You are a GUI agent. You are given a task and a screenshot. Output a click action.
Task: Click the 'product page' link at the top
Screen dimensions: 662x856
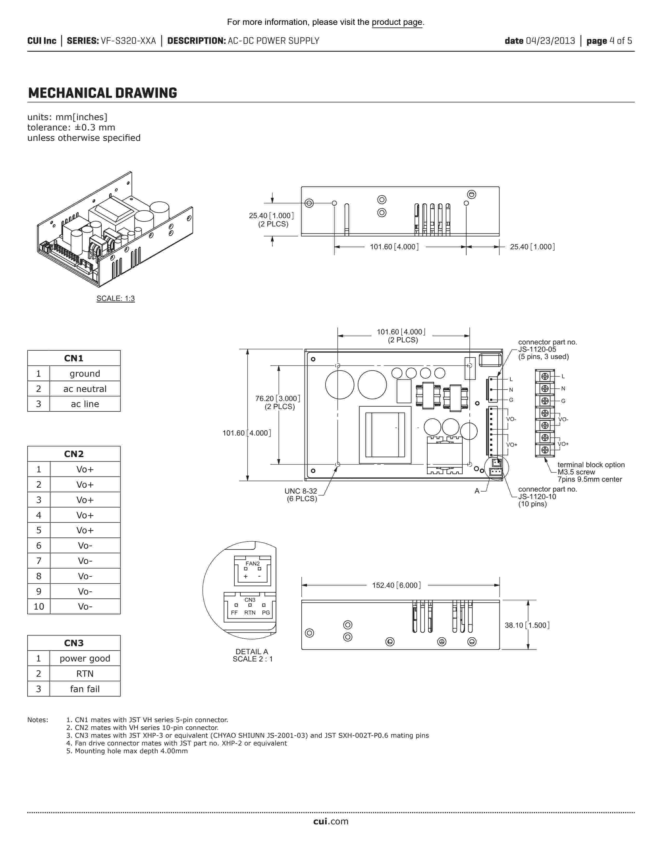click(397, 22)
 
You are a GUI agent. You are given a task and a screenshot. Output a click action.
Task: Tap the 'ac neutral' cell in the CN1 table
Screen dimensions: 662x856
click(85, 389)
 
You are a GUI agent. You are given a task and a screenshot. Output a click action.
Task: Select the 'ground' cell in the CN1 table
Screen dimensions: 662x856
click(85, 374)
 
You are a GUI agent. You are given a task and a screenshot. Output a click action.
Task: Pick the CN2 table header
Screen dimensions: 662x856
click(74, 454)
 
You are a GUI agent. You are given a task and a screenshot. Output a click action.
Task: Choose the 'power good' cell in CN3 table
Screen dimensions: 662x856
click(85, 658)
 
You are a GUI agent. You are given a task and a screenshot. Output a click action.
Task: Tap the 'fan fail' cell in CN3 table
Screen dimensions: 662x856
click(85, 689)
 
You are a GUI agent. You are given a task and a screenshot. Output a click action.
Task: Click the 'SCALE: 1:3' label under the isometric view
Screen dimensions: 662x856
click(116, 298)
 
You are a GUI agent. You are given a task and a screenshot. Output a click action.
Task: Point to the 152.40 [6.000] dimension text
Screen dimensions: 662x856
click(396, 585)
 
